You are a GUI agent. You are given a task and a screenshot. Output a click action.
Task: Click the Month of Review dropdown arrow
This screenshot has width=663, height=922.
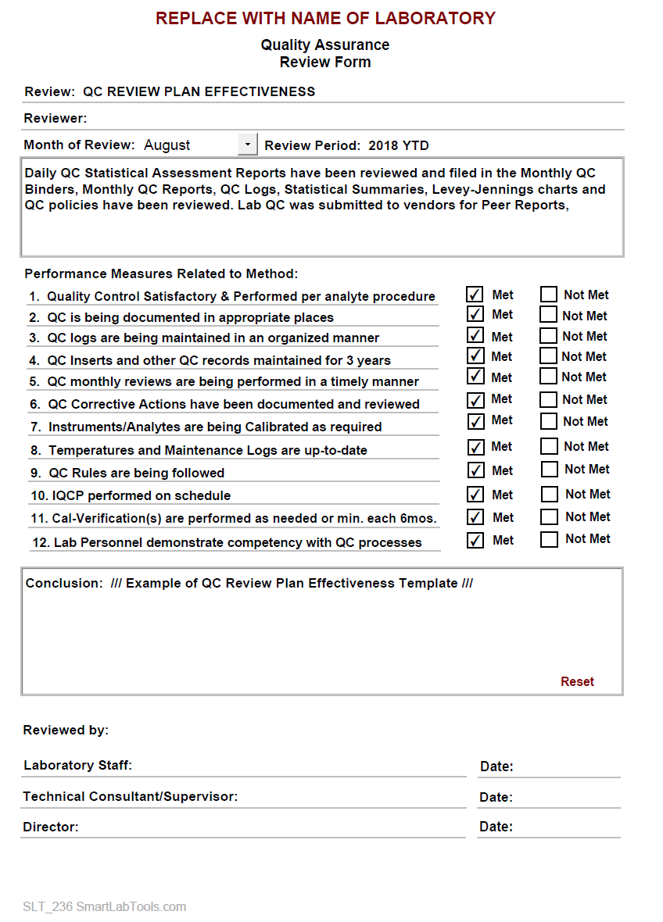point(248,145)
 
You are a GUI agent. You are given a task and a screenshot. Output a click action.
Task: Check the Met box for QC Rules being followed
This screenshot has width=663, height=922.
point(475,470)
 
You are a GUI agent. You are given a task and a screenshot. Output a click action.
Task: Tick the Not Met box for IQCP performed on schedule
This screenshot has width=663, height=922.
point(550,495)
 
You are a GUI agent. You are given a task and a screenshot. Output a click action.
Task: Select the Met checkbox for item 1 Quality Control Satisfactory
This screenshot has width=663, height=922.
point(475,295)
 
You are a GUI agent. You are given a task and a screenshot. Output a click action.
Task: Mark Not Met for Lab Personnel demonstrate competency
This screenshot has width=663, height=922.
point(550,539)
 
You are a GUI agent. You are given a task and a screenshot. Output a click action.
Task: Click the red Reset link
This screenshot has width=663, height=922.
point(577,681)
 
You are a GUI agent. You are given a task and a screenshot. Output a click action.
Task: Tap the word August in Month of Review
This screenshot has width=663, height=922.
point(167,145)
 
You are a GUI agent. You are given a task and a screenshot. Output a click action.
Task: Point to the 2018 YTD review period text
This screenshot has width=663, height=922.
point(399,145)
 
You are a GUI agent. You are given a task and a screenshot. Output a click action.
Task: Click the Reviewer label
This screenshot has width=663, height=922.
point(56,119)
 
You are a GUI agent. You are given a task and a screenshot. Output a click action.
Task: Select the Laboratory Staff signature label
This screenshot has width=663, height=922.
point(77,765)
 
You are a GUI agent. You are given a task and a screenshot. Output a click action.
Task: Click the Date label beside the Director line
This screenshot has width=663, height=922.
point(496,827)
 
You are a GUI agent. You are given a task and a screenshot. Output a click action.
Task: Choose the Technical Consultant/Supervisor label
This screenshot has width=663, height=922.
point(130,797)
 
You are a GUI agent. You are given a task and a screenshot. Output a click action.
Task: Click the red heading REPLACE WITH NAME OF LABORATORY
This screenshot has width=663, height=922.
point(325,18)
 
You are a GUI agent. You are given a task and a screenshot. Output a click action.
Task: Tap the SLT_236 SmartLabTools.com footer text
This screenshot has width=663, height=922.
point(105,907)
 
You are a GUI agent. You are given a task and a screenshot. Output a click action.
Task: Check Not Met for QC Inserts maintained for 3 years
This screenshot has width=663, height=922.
point(550,357)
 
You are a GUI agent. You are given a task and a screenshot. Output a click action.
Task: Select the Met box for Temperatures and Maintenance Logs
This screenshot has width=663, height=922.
point(475,447)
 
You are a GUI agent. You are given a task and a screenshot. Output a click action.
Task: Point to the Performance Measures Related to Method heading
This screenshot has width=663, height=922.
point(161,273)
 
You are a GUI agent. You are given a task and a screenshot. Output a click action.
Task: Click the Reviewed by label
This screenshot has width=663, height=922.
point(66,731)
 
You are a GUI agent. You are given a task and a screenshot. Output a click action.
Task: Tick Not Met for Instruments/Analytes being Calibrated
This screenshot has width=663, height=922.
point(550,422)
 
